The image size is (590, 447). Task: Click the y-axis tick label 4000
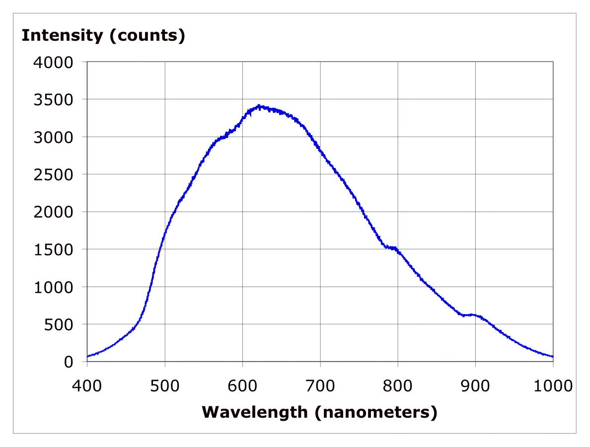[53, 62]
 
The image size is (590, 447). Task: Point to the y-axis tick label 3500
[53, 99]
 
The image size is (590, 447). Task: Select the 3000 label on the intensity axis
[53, 137]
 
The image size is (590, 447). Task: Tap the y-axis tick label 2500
[53, 174]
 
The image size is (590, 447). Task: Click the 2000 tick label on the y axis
[53, 212]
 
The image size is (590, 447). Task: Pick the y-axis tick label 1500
[53, 249]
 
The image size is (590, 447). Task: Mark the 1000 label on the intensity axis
[53, 287]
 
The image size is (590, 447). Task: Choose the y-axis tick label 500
[60, 324]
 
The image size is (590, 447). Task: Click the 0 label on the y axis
[69, 362]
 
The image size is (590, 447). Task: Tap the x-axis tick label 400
[87, 385]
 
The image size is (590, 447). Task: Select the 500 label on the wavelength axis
[165, 385]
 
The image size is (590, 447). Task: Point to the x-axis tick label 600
[242, 385]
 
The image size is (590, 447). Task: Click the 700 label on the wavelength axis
[320, 385]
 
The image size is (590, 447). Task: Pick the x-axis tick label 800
[398, 385]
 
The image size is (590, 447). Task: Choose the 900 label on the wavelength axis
[475, 385]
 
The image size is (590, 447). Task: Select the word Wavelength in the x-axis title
[255, 412]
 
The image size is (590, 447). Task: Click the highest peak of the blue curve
[259, 105]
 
